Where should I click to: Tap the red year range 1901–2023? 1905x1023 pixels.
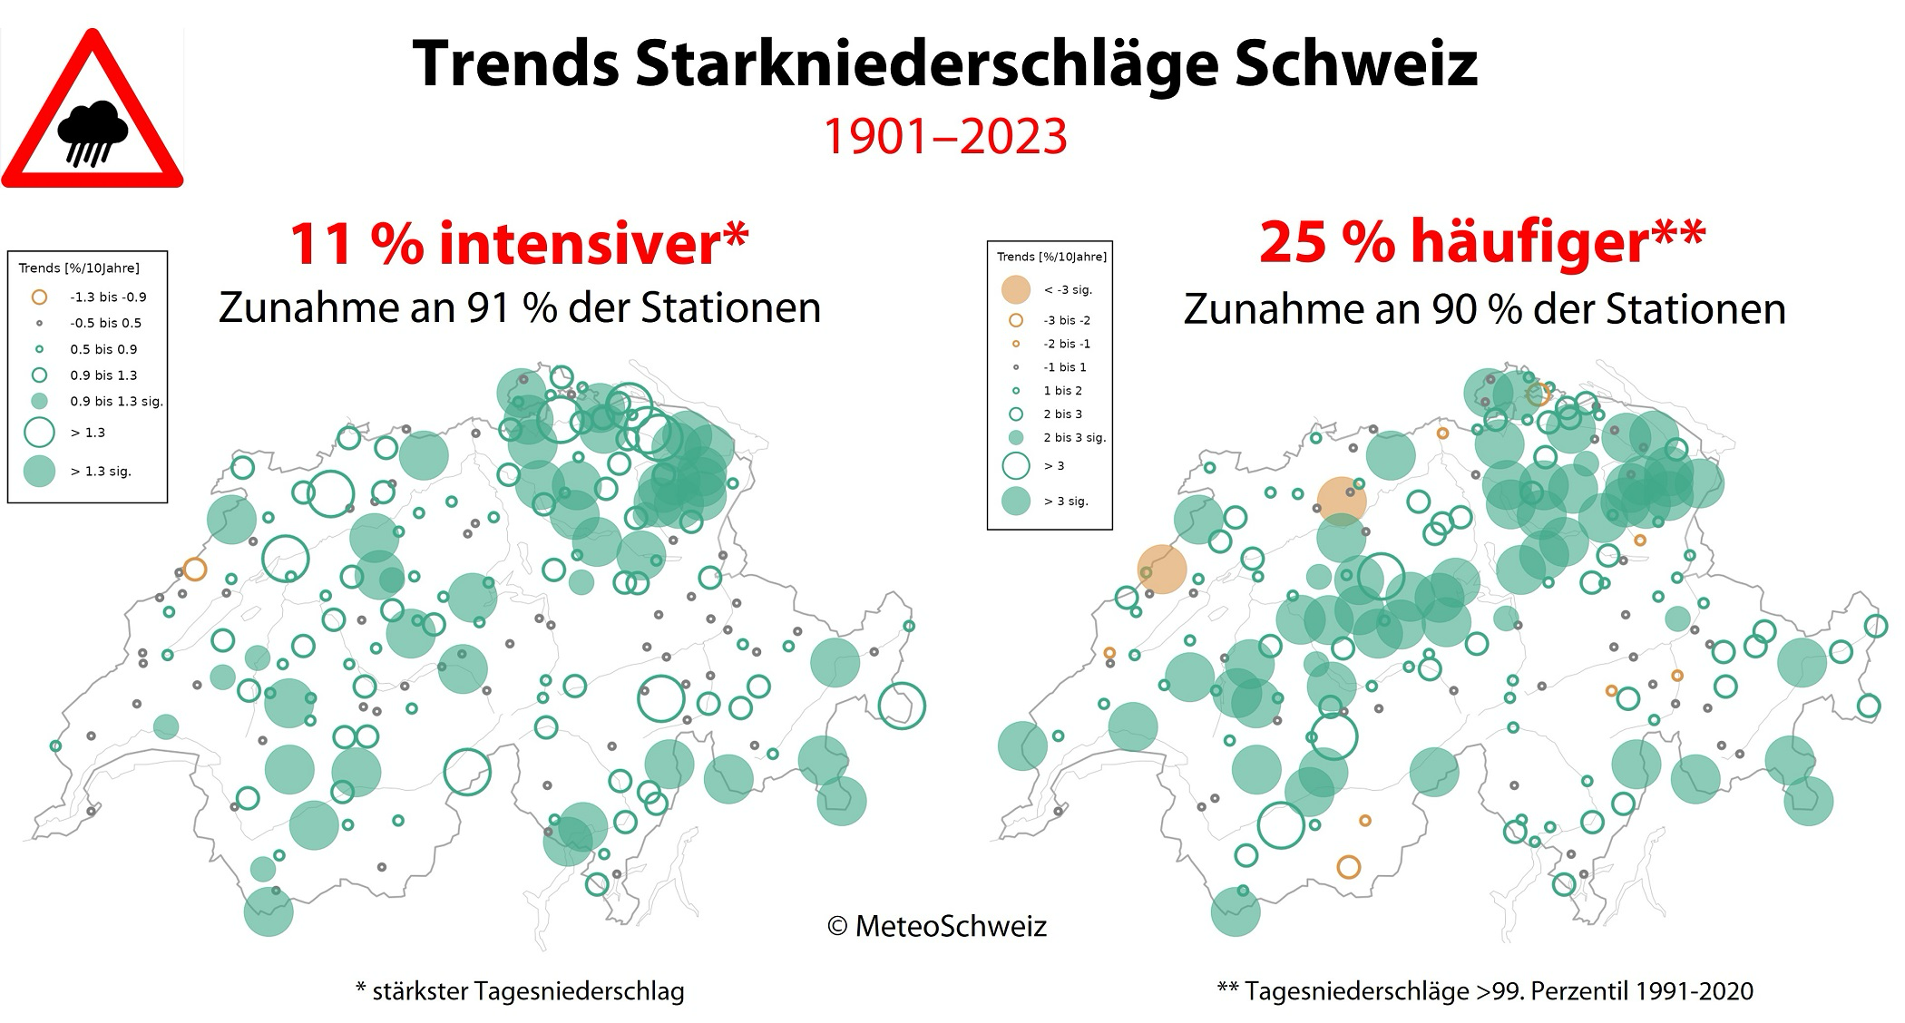[x=944, y=137]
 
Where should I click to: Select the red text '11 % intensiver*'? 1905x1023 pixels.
[x=519, y=243]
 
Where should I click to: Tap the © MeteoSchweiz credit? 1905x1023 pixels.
[x=937, y=926]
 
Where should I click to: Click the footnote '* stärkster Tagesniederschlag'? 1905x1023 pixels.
[x=520, y=991]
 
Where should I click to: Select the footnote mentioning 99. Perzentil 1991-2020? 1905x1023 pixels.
[x=1485, y=991]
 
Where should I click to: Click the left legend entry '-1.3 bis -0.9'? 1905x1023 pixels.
[x=108, y=297]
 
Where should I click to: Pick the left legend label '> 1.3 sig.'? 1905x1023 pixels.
[x=101, y=471]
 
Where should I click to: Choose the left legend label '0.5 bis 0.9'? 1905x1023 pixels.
[x=103, y=349]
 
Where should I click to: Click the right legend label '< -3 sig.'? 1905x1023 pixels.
[x=1068, y=289]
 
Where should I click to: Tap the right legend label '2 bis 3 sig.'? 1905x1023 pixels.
[x=1074, y=437]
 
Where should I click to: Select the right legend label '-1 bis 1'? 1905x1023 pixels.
[x=1064, y=367]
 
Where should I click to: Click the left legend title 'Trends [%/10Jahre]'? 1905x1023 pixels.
[x=79, y=268]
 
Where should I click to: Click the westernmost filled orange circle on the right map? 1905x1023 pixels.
[x=1162, y=570]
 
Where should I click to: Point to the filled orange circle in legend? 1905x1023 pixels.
[x=1016, y=289]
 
